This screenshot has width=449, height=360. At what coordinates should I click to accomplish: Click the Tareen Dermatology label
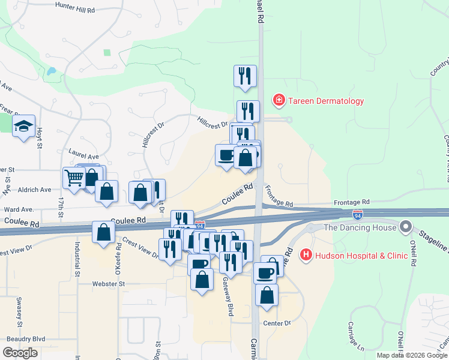pyautogui.click(x=325, y=101)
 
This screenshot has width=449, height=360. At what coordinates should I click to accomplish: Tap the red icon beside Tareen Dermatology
pyautogui.click(x=279, y=100)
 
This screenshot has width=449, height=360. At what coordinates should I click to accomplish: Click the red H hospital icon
pyautogui.click(x=307, y=255)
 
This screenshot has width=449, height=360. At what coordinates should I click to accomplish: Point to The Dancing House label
pyautogui.click(x=360, y=228)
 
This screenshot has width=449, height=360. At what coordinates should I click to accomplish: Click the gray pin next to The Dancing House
pyautogui.click(x=406, y=228)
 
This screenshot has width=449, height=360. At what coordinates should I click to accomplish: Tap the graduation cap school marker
pyautogui.click(x=24, y=126)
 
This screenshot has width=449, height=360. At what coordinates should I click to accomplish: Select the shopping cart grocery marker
pyautogui.click(x=74, y=177)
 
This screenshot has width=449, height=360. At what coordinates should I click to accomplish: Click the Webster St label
pyautogui.click(x=108, y=283)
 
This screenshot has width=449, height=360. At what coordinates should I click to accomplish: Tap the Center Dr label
pyautogui.click(x=277, y=323)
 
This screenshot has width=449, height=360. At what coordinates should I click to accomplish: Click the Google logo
pyautogui.click(x=20, y=352)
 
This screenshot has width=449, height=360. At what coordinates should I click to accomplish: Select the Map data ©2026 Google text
pyautogui.click(x=412, y=355)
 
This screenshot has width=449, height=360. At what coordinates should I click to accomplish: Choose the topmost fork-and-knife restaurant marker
pyautogui.click(x=245, y=76)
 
